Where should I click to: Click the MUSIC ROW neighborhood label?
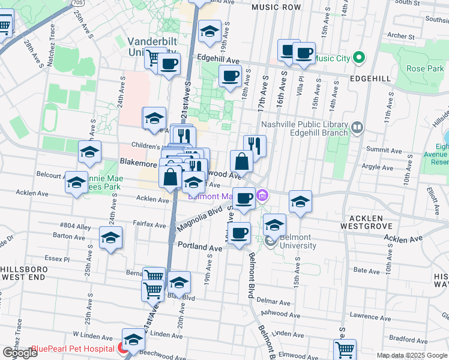tap(276, 7)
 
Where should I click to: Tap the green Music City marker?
tap(359, 58)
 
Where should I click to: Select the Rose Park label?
tap(424, 69)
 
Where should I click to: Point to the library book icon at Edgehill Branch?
tap(358, 127)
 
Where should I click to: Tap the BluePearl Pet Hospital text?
tap(73, 349)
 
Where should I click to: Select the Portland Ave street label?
tap(200, 247)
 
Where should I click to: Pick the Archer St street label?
tap(402, 36)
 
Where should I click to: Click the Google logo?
tap(20, 353)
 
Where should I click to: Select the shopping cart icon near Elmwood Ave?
tap(345, 349)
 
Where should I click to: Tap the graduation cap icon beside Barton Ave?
tap(111, 238)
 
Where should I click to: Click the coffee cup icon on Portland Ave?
tap(240, 233)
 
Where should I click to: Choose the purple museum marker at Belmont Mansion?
tap(262, 196)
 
